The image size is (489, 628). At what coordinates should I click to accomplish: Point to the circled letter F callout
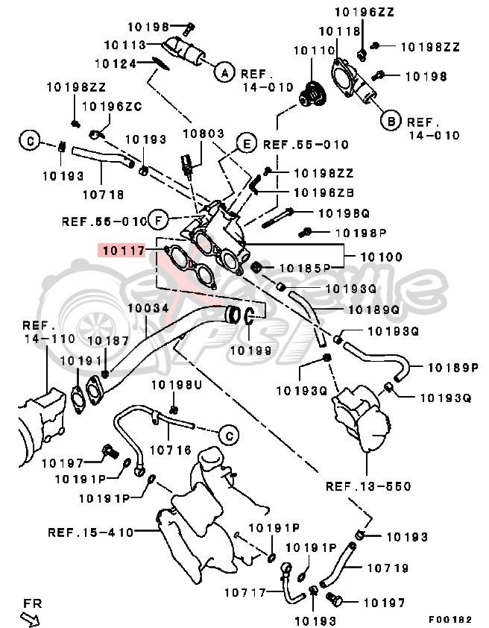pos(157,219)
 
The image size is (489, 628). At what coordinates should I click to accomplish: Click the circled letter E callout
pos(245,143)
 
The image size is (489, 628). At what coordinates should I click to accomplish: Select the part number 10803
pos(204,134)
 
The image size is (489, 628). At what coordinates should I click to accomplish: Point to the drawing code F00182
pos(450,618)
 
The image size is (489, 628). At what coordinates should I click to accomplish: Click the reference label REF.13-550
pos(367,486)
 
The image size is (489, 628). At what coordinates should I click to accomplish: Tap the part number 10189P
pos(452,367)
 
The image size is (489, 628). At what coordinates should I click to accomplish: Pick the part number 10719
pos(387,568)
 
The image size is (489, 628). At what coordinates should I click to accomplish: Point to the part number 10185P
pos(306,267)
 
